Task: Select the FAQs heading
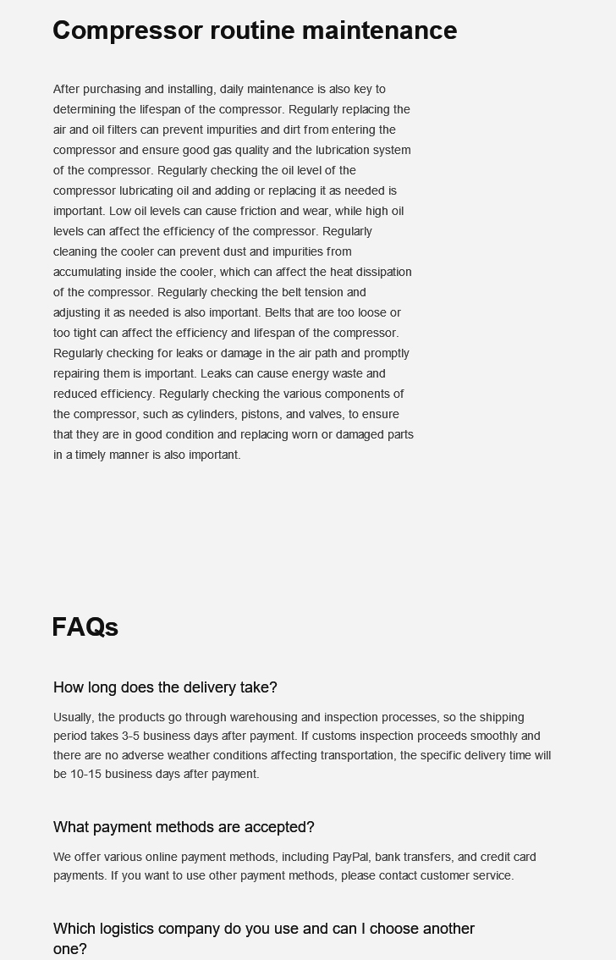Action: tap(85, 627)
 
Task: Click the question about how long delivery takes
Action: tap(165, 687)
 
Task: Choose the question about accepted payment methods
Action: tap(184, 827)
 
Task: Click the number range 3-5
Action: tap(130, 736)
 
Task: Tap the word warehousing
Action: tap(263, 717)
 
